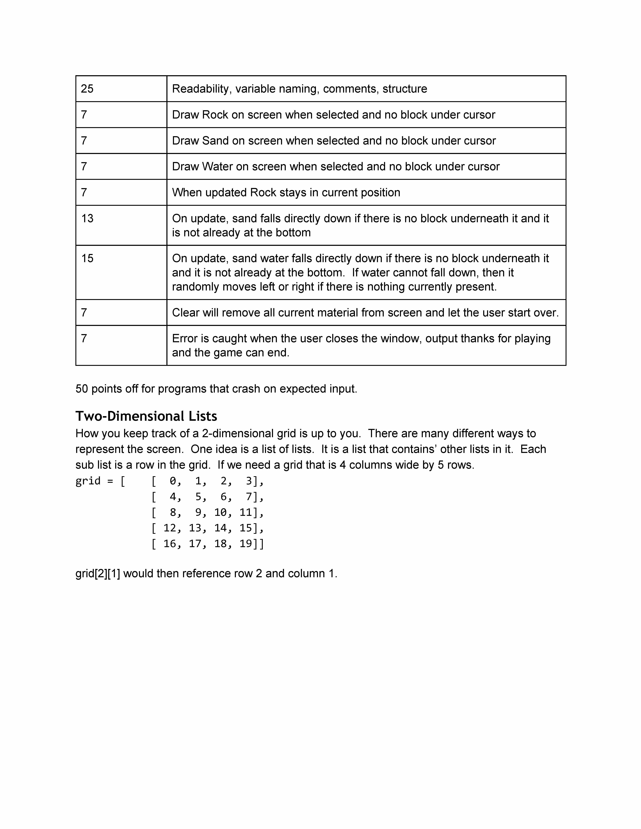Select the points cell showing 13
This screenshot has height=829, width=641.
point(87,219)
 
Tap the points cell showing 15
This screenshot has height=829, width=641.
point(87,258)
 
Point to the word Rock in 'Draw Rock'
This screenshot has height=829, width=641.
point(215,115)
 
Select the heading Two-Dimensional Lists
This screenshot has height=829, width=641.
point(146,416)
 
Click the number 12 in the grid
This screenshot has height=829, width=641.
point(170,528)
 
